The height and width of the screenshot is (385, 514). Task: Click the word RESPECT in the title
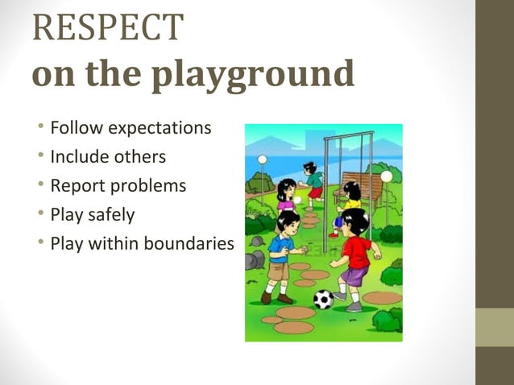(x=108, y=27)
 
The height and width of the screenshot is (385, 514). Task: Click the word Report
(x=78, y=186)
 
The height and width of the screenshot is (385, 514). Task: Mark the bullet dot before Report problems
(x=40, y=186)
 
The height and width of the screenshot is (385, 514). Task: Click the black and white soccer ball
(x=324, y=299)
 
